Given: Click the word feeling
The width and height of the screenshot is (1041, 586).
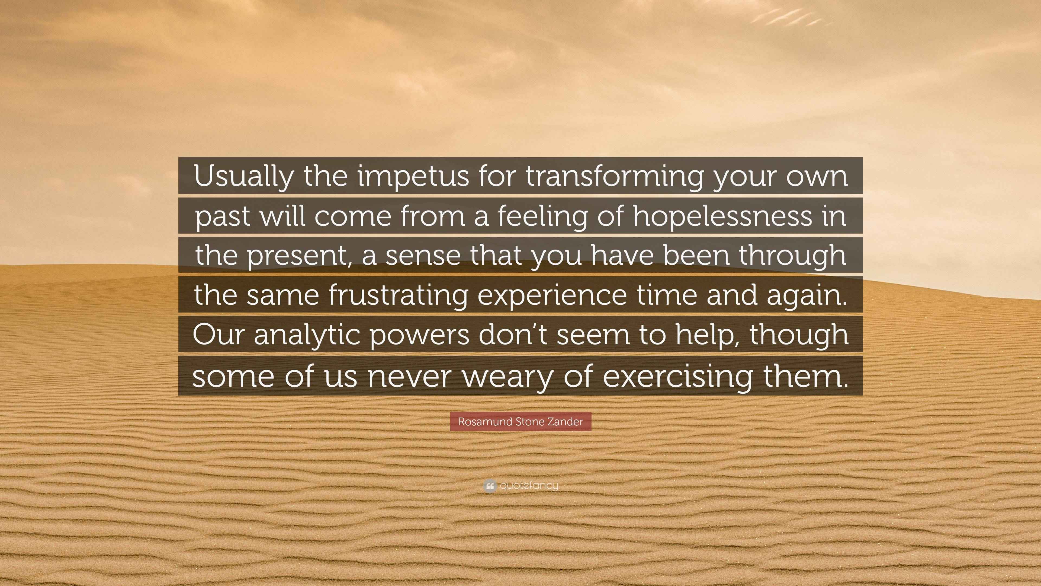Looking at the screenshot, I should [x=543, y=216].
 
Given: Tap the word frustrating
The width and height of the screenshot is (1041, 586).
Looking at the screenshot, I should [x=398, y=295].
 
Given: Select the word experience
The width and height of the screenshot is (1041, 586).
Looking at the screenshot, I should [x=552, y=295].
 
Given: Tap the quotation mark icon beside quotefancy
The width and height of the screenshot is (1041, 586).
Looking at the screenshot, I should [x=489, y=486].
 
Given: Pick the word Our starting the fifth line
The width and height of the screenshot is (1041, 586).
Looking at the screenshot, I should [x=218, y=335].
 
